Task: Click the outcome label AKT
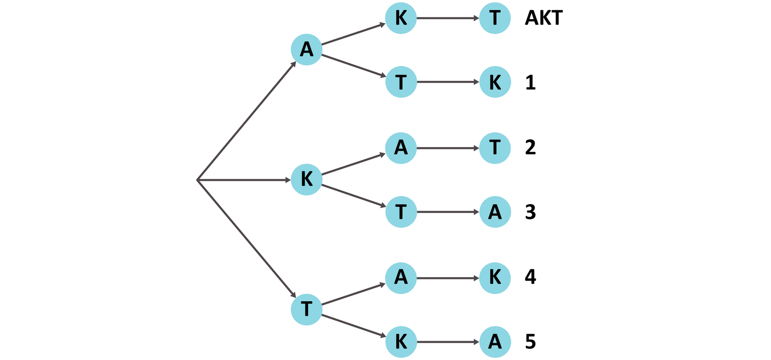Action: pos(544,18)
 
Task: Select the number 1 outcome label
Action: pos(530,82)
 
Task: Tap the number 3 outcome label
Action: pos(530,212)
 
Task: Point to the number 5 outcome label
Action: pos(530,342)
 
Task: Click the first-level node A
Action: pos(306,49)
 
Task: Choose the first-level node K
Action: pos(306,180)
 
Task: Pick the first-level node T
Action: pos(306,309)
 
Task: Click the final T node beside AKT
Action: pos(495,18)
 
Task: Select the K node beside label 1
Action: pos(495,82)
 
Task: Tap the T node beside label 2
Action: pos(495,147)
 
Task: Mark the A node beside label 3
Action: pos(495,212)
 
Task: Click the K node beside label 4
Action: pos(495,278)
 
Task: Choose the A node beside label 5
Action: pos(495,342)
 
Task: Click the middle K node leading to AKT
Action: pos(401,18)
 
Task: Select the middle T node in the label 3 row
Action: pos(401,212)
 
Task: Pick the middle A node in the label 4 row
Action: pos(401,278)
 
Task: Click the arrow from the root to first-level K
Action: pos(243,180)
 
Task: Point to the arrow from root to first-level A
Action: pos(246,121)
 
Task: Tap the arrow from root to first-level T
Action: pos(246,239)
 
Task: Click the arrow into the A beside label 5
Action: pos(448,342)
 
